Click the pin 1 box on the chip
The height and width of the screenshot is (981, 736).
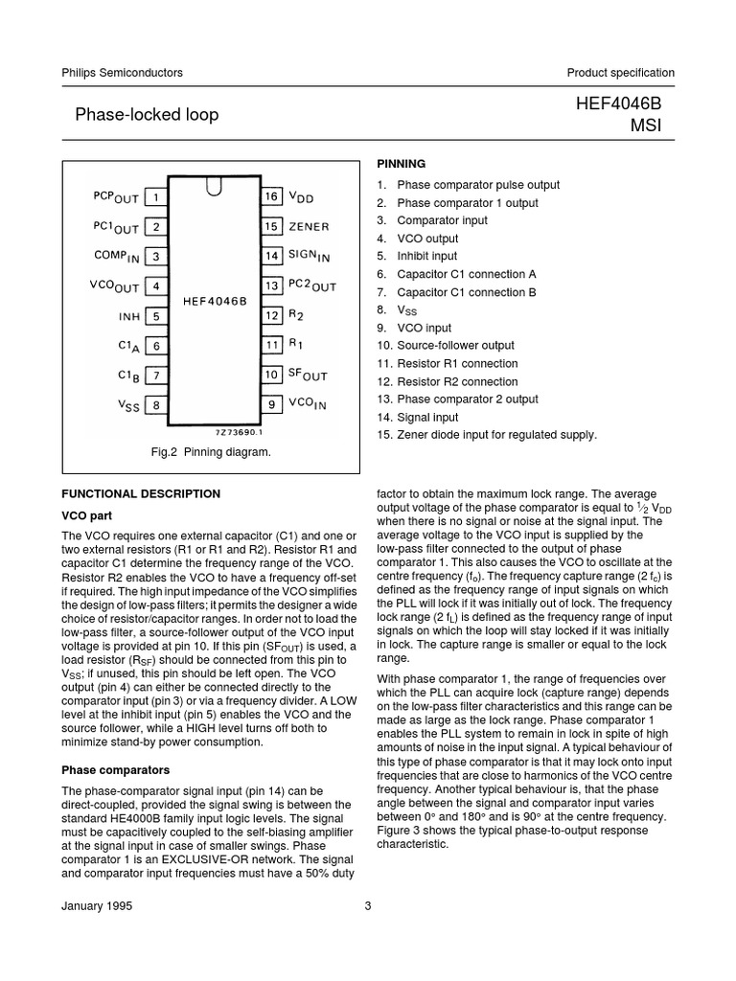click(x=154, y=197)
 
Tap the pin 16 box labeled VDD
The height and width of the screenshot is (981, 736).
click(x=272, y=197)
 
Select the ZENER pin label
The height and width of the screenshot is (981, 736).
click(x=310, y=227)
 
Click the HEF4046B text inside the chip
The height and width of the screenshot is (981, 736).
click(x=214, y=300)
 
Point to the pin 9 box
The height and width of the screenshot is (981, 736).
click(x=272, y=404)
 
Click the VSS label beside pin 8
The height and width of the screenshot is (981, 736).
click(x=128, y=405)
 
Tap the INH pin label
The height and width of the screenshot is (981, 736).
click(x=129, y=316)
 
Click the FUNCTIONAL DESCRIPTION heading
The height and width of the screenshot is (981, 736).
click(x=141, y=494)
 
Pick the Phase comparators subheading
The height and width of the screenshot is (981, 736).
click(x=115, y=769)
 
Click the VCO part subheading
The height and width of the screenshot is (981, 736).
click(x=88, y=514)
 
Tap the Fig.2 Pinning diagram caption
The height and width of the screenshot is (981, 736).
click(x=212, y=452)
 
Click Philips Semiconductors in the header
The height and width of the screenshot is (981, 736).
click(x=122, y=73)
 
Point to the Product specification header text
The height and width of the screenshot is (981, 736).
click(x=620, y=73)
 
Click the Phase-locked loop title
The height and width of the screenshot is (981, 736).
click(x=147, y=115)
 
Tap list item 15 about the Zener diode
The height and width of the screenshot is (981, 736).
click(x=486, y=435)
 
